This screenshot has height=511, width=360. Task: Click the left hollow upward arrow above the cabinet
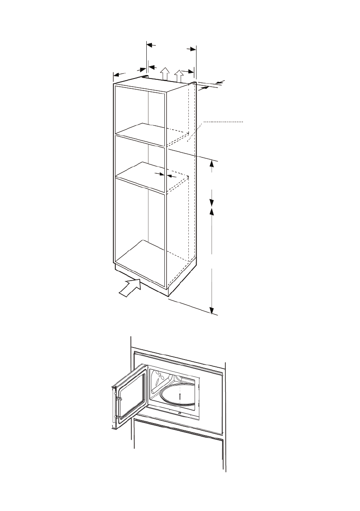(x=164, y=73)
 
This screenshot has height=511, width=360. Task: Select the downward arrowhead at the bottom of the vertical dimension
(x=212, y=310)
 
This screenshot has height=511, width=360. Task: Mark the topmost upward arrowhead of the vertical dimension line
(x=212, y=163)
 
